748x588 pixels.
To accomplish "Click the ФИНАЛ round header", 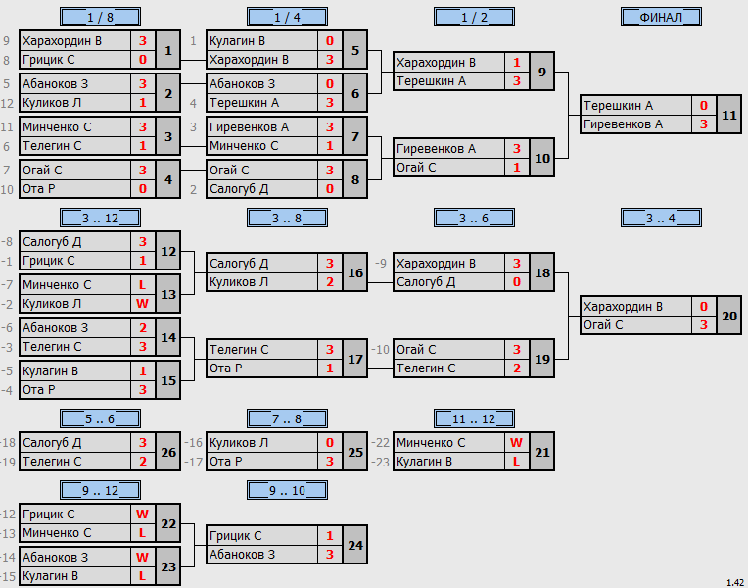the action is tap(661, 18).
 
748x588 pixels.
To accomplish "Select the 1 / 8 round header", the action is tap(100, 18).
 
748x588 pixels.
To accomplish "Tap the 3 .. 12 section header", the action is tap(100, 219).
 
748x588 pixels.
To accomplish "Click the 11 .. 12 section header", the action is tap(474, 418).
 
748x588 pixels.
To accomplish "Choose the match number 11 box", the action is tap(729, 115).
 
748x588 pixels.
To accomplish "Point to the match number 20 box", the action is tap(729, 316).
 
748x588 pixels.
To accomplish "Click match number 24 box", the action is tap(355, 545).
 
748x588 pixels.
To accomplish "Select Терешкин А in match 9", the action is tap(431, 81).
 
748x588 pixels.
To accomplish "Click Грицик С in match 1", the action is tap(48, 60).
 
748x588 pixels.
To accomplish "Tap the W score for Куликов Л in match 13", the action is tap(143, 304).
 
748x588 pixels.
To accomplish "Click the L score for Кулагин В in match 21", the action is tap(517, 462).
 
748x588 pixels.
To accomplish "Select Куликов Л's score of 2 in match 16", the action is tap(330, 282).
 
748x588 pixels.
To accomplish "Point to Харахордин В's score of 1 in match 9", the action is tap(517, 63).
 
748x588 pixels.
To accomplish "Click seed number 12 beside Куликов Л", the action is tap(7, 103).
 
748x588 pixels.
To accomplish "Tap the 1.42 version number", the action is tap(735, 583).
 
